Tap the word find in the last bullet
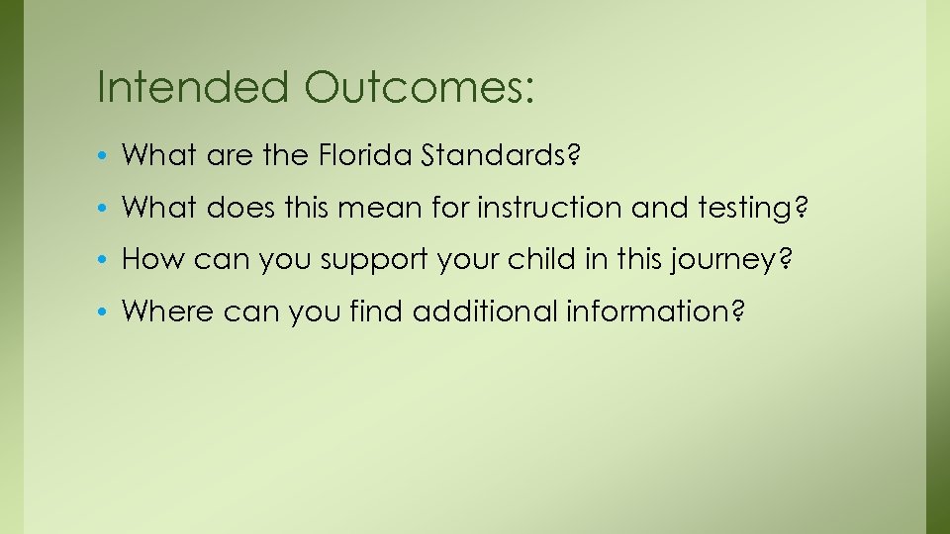pyautogui.click(x=378, y=312)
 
